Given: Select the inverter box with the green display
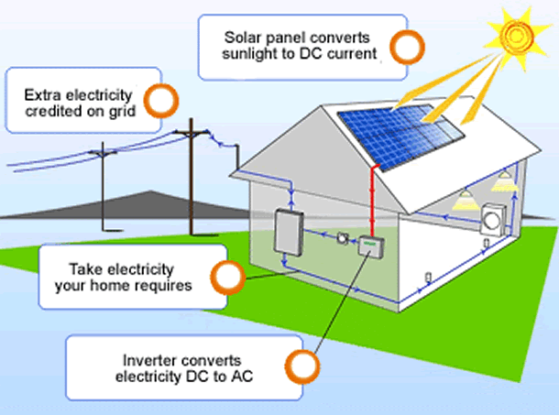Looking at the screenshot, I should [370, 246].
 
